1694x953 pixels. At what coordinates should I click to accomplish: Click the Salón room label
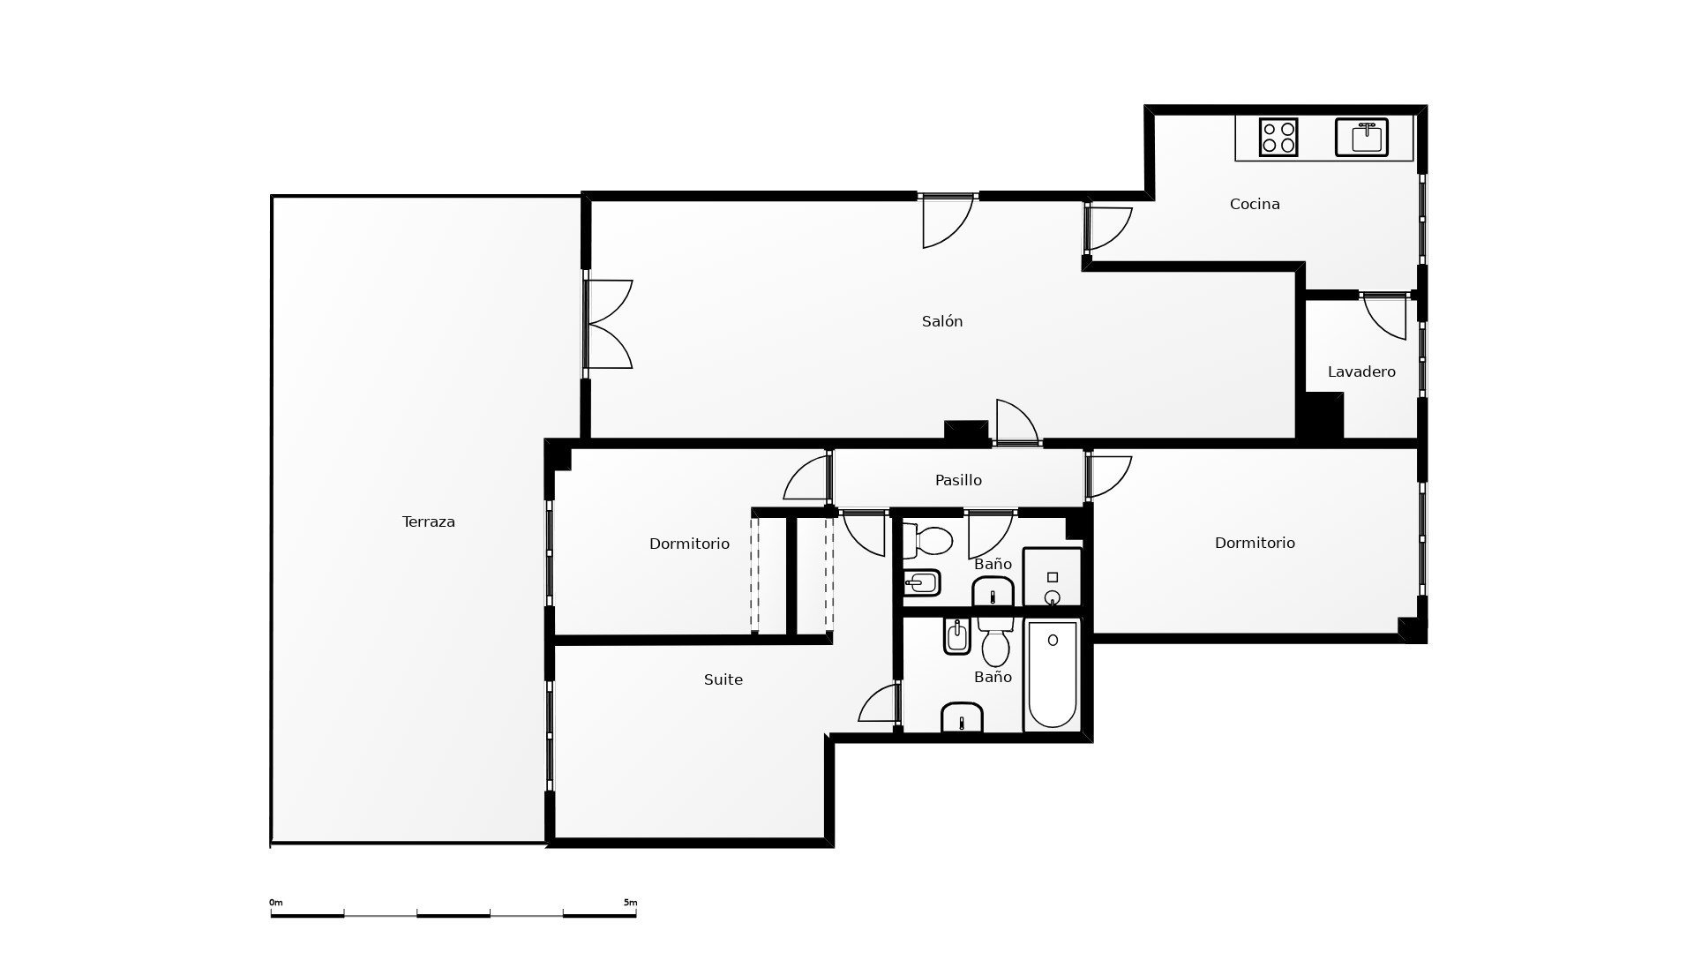[942, 321]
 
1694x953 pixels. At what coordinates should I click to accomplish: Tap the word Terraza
[429, 522]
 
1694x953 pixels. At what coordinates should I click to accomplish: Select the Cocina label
[1255, 204]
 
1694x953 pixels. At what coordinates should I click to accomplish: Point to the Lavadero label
[1361, 371]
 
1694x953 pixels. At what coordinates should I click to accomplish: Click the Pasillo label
[958, 480]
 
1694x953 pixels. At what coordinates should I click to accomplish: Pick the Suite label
[723, 679]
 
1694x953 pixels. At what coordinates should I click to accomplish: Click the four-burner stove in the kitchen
[1278, 137]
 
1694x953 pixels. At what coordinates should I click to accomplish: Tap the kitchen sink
[1361, 137]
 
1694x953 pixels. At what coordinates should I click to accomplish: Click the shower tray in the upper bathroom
[1053, 577]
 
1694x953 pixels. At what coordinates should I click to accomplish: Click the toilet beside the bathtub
[996, 643]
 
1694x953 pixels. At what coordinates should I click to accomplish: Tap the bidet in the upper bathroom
[923, 583]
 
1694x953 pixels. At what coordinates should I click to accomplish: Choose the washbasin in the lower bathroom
[962, 718]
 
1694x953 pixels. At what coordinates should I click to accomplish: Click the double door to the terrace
[608, 324]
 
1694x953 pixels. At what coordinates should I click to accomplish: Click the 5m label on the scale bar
[630, 903]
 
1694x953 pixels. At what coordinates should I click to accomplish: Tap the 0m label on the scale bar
[276, 903]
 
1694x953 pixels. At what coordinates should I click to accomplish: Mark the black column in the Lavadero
[1321, 416]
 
